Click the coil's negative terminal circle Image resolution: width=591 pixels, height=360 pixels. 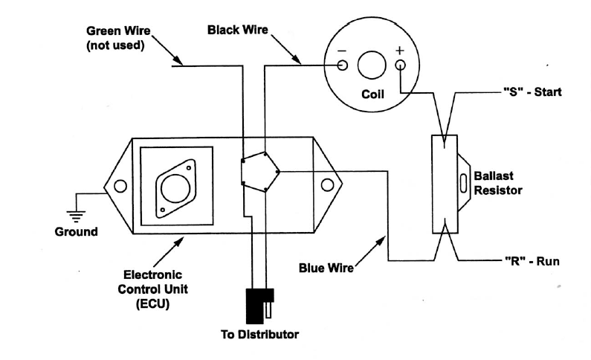point(342,65)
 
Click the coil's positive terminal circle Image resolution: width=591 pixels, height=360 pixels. point(400,65)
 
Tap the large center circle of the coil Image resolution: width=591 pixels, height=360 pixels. point(372,65)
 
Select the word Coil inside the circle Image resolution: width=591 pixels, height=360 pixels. point(372,94)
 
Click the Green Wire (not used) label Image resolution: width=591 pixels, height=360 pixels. point(118,38)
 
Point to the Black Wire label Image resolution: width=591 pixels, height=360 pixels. point(238,30)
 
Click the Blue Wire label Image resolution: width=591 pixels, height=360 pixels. point(326,268)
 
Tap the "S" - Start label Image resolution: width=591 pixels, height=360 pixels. point(532,92)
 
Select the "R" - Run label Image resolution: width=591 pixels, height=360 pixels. point(532,261)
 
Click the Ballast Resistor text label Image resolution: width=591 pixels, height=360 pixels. point(497,183)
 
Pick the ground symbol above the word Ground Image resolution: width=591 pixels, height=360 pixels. point(76,216)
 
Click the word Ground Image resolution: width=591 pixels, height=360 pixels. point(76,231)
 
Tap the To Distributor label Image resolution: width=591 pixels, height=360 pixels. point(259,335)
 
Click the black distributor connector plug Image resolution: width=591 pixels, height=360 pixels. point(255,306)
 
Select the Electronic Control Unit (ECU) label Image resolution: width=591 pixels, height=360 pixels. point(152,289)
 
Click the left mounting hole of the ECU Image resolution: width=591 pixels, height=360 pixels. point(120,186)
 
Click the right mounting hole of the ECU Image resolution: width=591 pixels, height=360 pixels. point(327,185)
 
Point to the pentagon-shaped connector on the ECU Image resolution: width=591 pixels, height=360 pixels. point(260,172)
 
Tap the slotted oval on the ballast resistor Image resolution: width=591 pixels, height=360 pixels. point(464,183)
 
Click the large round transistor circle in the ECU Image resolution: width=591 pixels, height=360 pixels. point(175,188)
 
